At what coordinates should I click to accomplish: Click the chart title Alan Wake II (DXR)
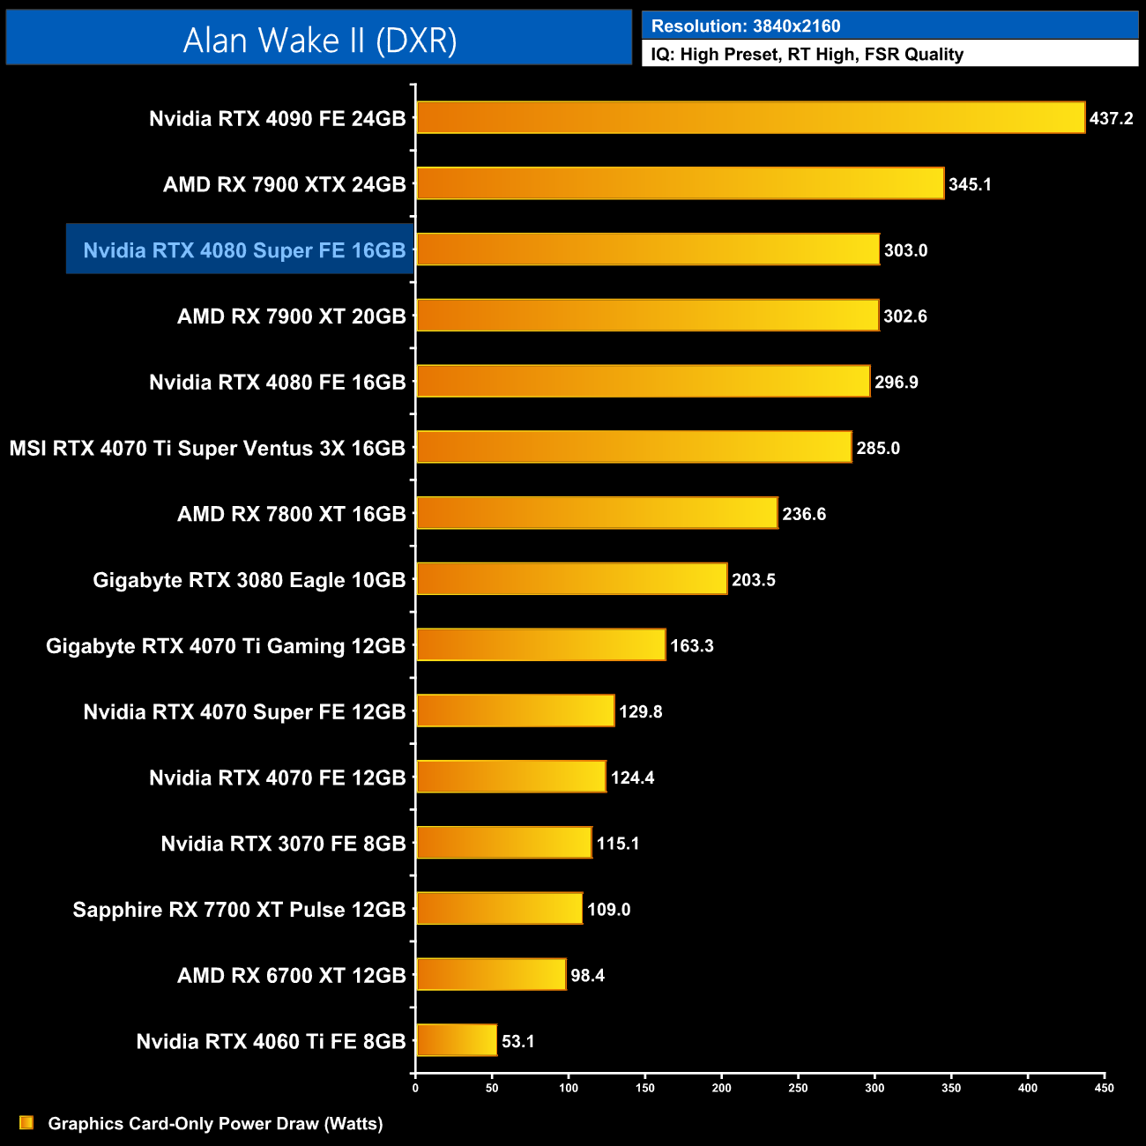(x=319, y=40)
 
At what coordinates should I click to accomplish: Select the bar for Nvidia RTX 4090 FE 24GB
(x=750, y=117)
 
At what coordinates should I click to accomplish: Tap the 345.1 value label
(x=970, y=184)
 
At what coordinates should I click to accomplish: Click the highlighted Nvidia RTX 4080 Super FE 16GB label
(x=244, y=250)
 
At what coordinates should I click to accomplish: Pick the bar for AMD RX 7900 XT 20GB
(x=647, y=316)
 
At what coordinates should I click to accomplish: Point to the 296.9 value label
(x=897, y=382)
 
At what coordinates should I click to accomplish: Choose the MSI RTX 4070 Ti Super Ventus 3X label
(x=207, y=448)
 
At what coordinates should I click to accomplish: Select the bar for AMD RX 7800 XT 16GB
(x=597, y=513)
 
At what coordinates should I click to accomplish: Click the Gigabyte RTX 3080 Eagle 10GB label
(x=249, y=580)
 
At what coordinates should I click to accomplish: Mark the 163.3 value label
(x=692, y=645)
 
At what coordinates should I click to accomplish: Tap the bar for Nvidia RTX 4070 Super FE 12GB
(x=515, y=711)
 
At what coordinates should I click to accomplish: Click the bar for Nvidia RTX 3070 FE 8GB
(x=503, y=843)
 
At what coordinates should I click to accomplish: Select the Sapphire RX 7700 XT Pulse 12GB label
(x=239, y=910)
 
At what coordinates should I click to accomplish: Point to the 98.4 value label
(x=587, y=975)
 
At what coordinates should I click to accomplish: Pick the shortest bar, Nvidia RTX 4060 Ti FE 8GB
(x=457, y=1040)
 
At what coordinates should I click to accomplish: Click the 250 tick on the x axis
(x=798, y=1088)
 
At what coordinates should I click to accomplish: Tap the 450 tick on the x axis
(x=1104, y=1088)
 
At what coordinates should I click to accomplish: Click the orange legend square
(x=26, y=1123)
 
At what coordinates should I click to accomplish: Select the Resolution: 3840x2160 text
(x=746, y=26)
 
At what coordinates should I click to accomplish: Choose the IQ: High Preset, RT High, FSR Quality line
(x=807, y=55)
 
